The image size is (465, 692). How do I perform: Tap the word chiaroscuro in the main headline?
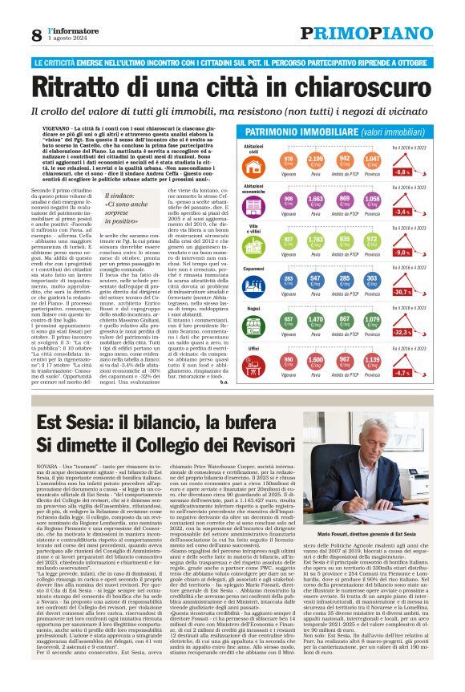coord(358,86)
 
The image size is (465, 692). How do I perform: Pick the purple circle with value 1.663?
coord(317,201)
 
